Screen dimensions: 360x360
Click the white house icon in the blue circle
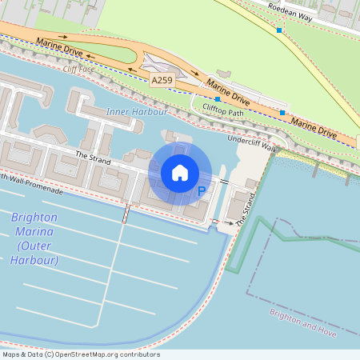tap(180, 173)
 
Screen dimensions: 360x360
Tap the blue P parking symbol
tap(202, 191)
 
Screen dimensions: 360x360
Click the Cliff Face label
tap(78, 69)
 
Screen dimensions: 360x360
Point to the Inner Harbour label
tap(130, 111)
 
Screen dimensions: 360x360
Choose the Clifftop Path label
tap(222, 112)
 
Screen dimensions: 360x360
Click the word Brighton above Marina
tap(34, 218)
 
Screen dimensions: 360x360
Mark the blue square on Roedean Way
tap(279, 30)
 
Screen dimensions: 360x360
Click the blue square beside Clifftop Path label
tap(217, 99)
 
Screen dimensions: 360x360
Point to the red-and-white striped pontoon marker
tap(125, 214)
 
